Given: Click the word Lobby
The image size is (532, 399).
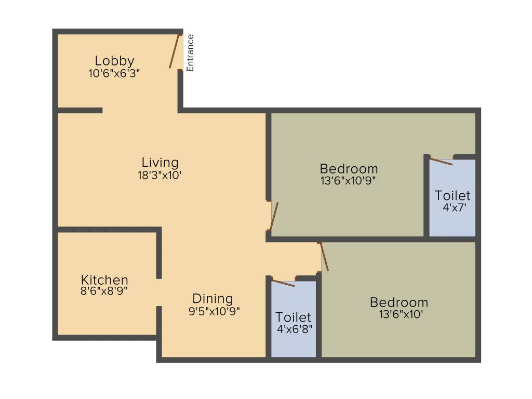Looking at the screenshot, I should click(x=114, y=61).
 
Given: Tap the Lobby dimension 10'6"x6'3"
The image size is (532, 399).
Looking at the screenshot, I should click(x=114, y=73).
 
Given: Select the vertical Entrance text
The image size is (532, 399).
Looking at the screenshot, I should click(x=190, y=52).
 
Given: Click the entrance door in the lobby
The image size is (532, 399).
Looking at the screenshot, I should click(x=175, y=51).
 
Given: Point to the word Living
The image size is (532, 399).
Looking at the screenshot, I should click(x=160, y=163).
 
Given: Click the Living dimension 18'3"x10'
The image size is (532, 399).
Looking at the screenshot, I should click(x=160, y=175).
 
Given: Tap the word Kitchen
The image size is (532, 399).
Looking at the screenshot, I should click(x=104, y=280).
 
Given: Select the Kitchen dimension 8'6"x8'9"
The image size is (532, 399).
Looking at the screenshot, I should click(x=104, y=291).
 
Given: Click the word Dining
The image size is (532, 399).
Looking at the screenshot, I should click(x=212, y=299).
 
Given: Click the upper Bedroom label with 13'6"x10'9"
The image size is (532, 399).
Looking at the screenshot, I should click(x=349, y=169).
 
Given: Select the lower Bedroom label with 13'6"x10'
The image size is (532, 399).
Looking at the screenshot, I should click(x=399, y=302).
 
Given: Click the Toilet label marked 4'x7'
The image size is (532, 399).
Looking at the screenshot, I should click(x=453, y=196).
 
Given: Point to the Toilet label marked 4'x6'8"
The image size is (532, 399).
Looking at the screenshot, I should click(x=294, y=317).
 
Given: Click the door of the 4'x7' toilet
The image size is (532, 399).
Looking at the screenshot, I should click(x=441, y=161).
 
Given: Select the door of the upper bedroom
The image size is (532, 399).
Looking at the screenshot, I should click(x=274, y=216).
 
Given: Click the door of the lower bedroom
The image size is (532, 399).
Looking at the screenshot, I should click(x=324, y=256).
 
